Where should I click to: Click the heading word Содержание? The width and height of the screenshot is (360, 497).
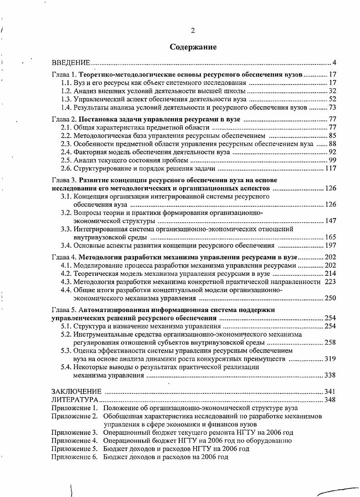pyautogui.click(x=193, y=47)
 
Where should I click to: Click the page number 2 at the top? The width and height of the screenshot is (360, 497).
pyautogui.click(x=193, y=31)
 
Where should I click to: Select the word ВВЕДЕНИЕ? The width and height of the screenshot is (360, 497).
pyautogui.click(x=71, y=62)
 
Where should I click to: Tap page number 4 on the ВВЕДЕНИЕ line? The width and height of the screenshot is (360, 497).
pyautogui.click(x=334, y=62)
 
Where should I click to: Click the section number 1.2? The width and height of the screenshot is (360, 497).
pyautogui.click(x=66, y=91)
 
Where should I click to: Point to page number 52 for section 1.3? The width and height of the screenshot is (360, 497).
pyautogui.click(x=332, y=99)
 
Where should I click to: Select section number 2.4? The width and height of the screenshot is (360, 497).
pyautogui.click(x=66, y=152)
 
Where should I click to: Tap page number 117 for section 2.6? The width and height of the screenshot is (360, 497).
pyautogui.click(x=330, y=169)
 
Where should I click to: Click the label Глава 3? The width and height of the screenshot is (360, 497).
pyautogui.click(x=63, y=180)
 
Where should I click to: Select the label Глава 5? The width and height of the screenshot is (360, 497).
pyautogui.click(x=63, y=310)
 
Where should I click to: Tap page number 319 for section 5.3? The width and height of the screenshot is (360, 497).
pyautogui.click(x=330, y=359)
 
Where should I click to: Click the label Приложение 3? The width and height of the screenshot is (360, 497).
pyautogui.click(x=74, y=432)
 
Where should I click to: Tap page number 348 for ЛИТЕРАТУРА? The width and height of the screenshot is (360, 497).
pyautogui.click(x=330, y=400)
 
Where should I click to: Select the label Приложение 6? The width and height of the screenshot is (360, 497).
pyautogui.click(x=74, y=457)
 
